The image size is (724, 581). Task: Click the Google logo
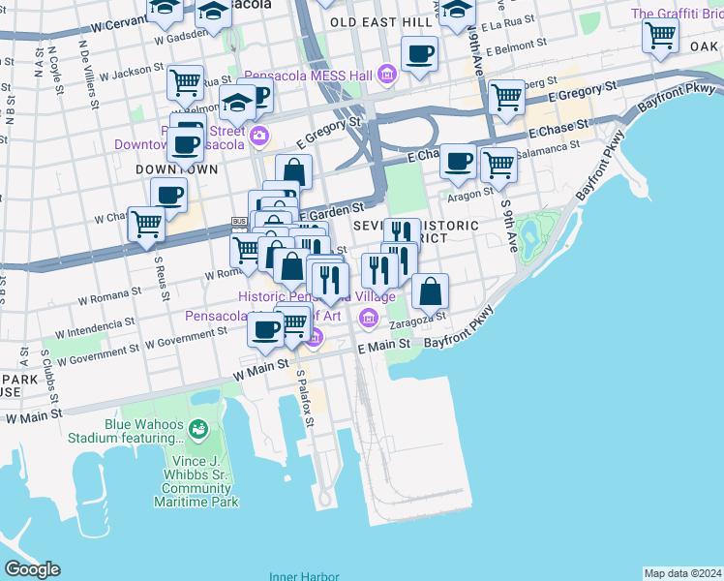tap(32, 569)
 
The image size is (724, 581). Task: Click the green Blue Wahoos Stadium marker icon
tap(198, 428)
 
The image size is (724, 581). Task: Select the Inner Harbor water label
tap(304, 576)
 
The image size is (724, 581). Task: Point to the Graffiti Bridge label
tap(677, 14)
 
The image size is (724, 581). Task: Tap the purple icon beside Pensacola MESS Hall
tap(386, 75)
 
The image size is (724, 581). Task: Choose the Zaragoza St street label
tap(422, 316)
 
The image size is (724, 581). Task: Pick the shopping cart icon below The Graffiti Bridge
tap(660, 36)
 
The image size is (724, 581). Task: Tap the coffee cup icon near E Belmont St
tap(419, 54)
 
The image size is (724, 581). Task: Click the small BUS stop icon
tap(238, 222)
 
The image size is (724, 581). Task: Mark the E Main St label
tap(384, 345)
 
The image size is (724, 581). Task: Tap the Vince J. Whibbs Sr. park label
tap(196, 488)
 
